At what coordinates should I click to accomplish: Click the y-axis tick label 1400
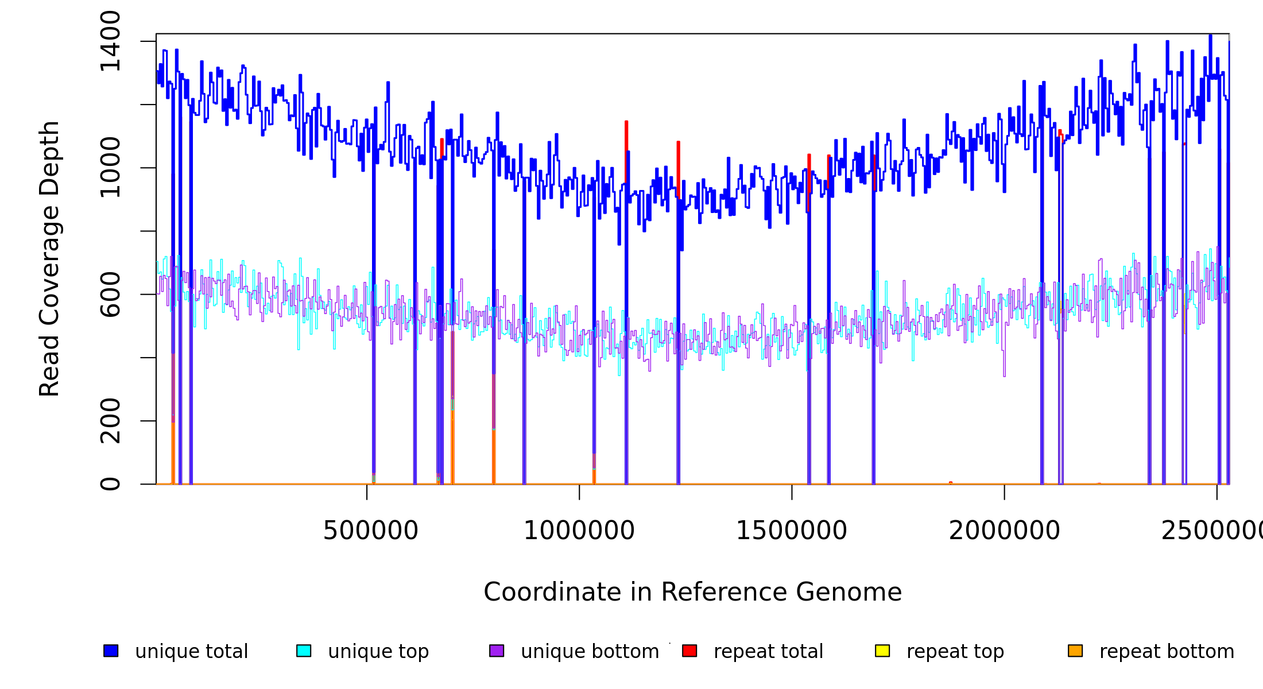click(x=110, y=41)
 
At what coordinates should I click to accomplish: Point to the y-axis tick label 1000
click(x=110, y=168)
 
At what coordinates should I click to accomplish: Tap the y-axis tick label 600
click(x=110, y=295)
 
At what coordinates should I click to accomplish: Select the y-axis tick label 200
click(x=110, y=421)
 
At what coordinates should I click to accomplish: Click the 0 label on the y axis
click(x=110, y=484)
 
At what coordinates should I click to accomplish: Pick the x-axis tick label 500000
click(x=370, y=531)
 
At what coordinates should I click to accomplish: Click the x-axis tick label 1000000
click(x=579, y=531)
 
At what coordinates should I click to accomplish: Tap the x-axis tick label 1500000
click(x=792, y=531)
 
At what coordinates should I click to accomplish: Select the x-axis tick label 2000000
click(x=1004, y=531)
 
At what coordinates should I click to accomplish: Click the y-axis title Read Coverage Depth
click(x=49, y=258)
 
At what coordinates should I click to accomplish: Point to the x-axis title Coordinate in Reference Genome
click(x=692, y=592)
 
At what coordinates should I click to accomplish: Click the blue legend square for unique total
click(x=111, y=651)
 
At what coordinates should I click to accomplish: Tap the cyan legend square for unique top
click(x=304, y=651)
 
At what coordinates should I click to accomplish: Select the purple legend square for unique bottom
click(x=497, y=651)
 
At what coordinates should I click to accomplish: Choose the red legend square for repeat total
click(x=689, y=651)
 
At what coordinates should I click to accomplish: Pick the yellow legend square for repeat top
click(x=882, y=651)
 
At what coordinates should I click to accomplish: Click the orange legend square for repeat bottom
click(x=1075, y=651)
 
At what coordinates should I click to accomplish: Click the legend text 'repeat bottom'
click(x=1167, y=652)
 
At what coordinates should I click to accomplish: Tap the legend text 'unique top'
click(x=378, y=652)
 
